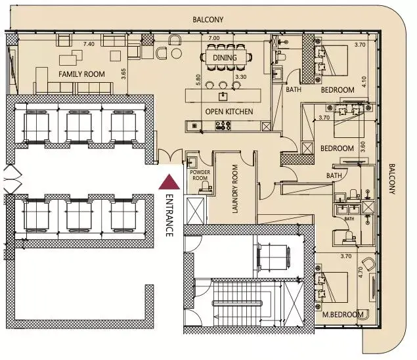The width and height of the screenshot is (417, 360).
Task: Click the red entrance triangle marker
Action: click(169, 182)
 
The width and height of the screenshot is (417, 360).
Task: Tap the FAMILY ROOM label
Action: click(81, 74)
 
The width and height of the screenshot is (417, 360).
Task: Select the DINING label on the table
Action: click(225, 58)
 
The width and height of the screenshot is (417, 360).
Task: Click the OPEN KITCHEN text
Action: click(229, 112)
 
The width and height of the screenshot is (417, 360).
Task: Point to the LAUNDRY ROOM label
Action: click(235, 189)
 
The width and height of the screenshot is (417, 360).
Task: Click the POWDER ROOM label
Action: click(200, 175)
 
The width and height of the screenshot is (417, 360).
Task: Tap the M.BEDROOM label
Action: click(343, 315)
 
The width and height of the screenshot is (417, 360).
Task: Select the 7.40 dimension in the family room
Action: click(89, 44)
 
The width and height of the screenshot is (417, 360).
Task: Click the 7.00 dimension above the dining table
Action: click(214, 38)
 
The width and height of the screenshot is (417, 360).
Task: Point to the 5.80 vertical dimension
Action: click(198, 79)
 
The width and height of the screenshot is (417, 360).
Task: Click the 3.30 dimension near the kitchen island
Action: click(241, 77)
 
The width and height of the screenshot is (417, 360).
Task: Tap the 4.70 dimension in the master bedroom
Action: click(361, 273)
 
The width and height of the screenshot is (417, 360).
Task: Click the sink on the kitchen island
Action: click(223, 96)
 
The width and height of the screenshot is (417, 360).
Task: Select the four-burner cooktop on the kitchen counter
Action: click(223, 125)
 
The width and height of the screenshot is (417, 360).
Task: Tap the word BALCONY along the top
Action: click(208, 20)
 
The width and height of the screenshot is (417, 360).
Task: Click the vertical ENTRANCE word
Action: click(169, 215)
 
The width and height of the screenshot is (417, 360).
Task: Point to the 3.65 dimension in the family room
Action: click(123, 74)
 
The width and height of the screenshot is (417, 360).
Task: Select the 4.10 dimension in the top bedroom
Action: click(364, 81)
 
